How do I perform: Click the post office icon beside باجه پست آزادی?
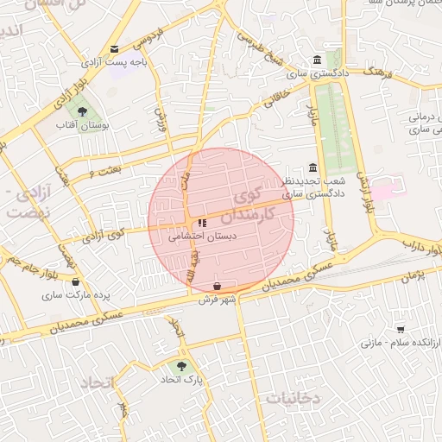point(115,49)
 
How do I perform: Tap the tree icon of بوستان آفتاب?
point(82,111)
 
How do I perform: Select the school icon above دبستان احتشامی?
point(203,224)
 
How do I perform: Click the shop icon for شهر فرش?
point(216,286)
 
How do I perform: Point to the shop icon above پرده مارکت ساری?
point(76,281)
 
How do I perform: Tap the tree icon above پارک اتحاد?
point(180,366)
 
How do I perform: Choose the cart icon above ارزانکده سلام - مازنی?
point(400,329)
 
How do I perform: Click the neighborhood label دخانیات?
point(293,398)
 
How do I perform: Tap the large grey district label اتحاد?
point(102,382)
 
